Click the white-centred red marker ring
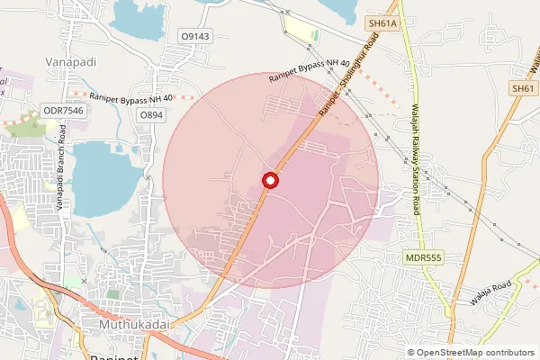point(270,181)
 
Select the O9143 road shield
point(194,35)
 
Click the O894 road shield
point(151,116)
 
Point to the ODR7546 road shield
point(62,111)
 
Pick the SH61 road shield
point(523,88)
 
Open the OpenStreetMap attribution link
point(449,353)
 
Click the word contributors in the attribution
point(509,353)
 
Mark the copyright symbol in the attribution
point(411,353)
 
